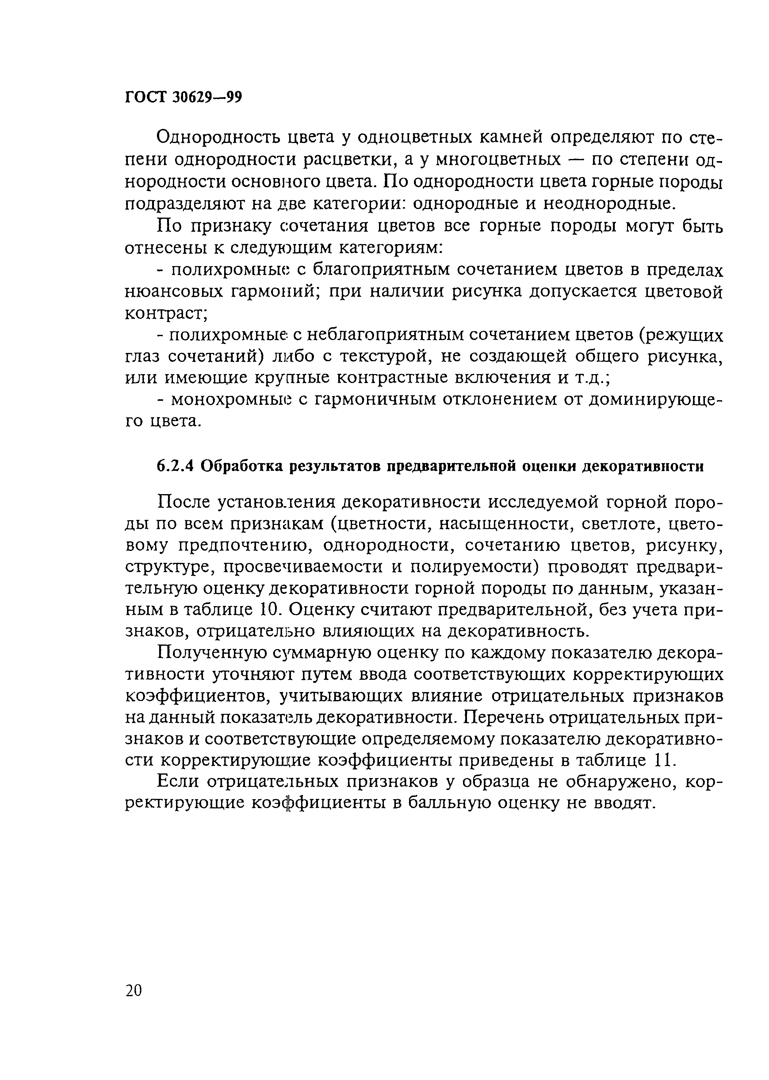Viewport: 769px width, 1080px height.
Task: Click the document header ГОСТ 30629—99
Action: click(183, 97)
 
